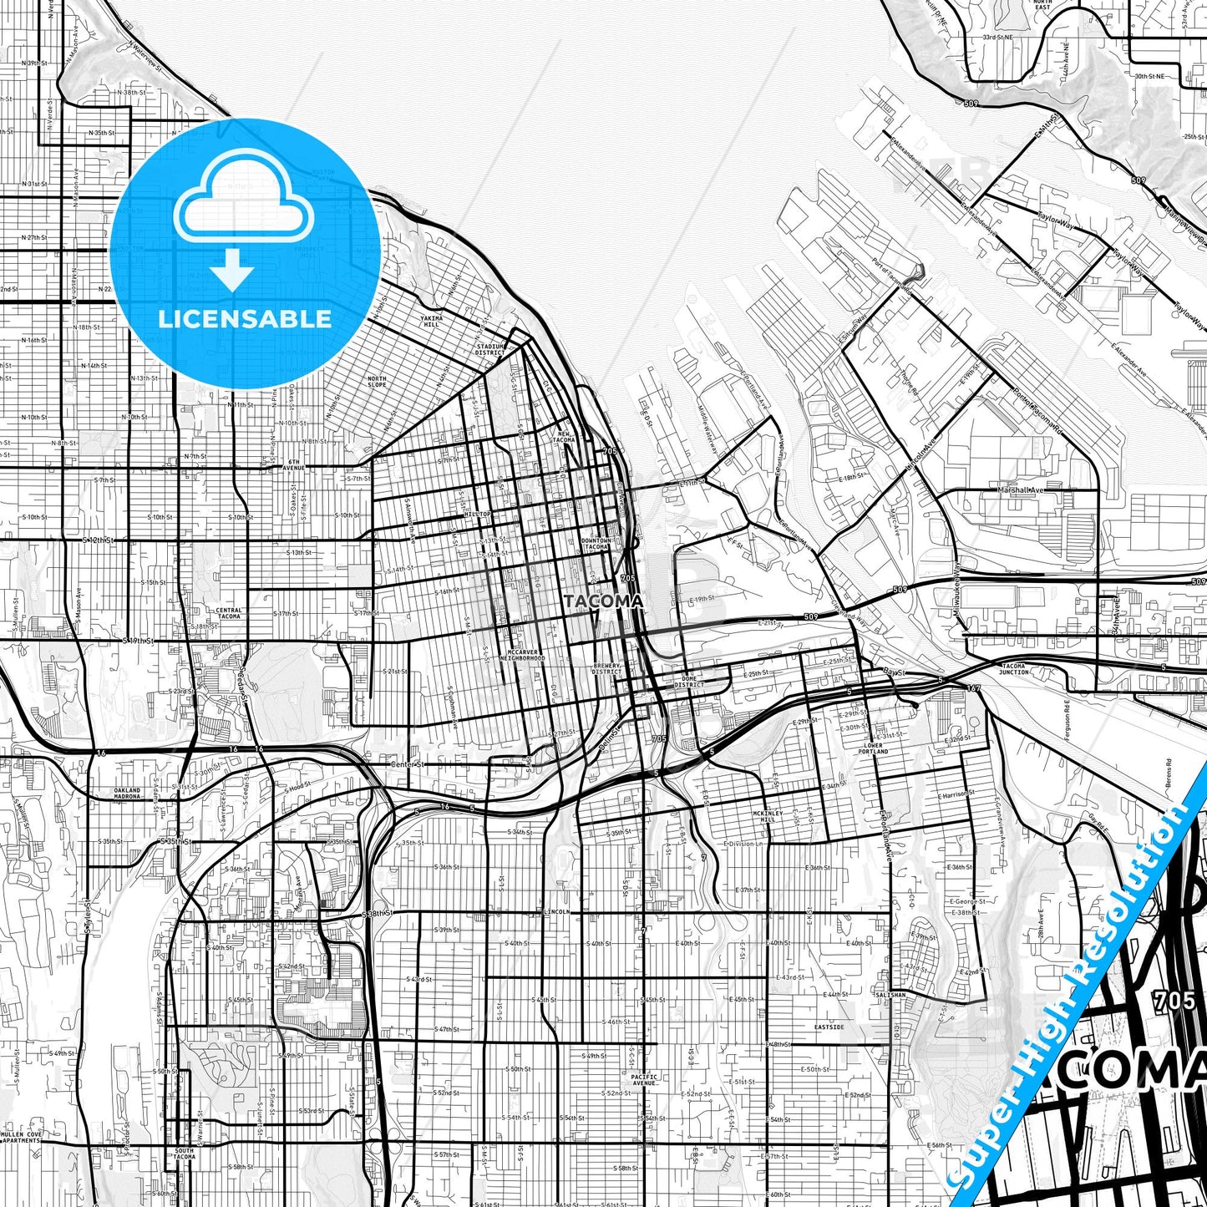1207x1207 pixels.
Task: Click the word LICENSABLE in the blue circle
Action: (x=244, y=319)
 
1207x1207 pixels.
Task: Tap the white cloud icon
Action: (x=243, y=201)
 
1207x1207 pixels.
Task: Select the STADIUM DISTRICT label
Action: (x=490, y=349)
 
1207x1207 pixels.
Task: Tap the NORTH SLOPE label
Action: (x=377, y=382)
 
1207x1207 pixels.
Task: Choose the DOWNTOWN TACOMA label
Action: (x=596, y=543)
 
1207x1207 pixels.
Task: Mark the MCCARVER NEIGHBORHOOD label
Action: (x=525, y=655)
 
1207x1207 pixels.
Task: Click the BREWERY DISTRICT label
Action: (x=606, y=668)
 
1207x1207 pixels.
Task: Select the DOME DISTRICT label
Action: (x=690, y=681)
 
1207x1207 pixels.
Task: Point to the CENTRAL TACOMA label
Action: (x=228, y=613)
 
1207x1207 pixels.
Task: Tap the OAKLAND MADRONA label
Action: (x=128, y=793)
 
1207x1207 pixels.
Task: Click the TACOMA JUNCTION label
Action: (x=1014, y=668)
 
